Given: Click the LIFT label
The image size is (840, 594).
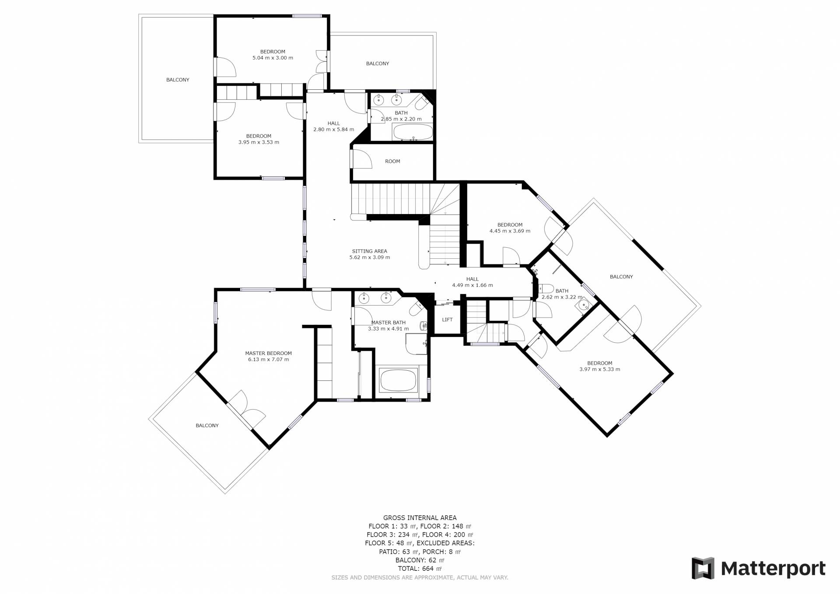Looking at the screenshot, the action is (447, 320).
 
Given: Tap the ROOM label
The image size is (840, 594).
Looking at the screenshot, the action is (392, 161).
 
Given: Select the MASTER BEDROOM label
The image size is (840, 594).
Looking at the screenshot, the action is (268, 353).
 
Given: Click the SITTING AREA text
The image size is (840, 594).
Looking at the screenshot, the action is (369, 251).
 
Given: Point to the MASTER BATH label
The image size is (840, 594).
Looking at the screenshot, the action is (388, 323).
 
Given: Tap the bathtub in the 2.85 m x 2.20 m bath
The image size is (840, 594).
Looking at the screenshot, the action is (413, 132).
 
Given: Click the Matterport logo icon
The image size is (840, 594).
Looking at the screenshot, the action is (703, 568).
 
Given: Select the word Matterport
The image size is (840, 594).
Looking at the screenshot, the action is (773, 569).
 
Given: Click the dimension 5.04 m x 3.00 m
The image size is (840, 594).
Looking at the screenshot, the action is (273, 58).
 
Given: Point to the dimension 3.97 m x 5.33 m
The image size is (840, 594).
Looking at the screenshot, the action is (599, 369).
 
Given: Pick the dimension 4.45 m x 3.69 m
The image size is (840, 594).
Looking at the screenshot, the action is (510, 231).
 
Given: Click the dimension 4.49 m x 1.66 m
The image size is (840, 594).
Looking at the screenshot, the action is (472, 285).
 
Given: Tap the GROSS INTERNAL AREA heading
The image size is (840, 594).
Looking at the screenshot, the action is (420, 518).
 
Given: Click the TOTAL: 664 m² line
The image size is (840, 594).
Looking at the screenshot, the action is (420, 569).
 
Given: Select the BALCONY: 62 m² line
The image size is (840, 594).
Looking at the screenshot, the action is (420, 560).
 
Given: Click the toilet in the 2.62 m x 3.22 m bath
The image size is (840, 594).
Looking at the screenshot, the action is (545, 289).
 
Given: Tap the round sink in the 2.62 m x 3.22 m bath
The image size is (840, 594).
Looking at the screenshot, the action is (583, 305).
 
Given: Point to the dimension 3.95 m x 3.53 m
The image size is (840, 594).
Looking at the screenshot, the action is (259, 142).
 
